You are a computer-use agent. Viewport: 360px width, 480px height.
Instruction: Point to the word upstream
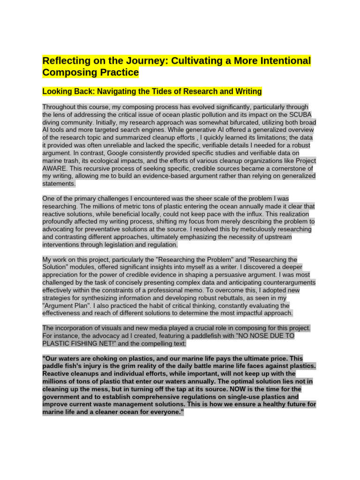tap(277, 237)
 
